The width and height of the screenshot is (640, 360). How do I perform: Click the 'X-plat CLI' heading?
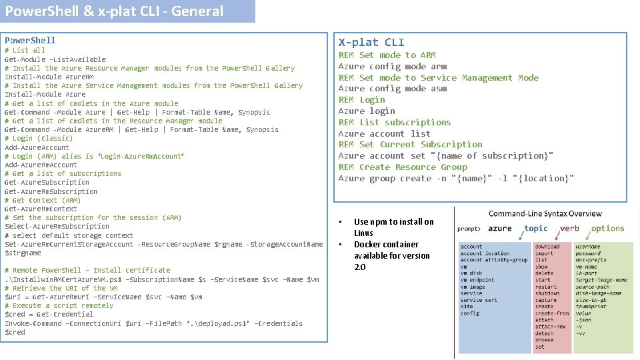pos(371,42)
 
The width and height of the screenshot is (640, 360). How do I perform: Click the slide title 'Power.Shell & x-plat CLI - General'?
pos(114,11)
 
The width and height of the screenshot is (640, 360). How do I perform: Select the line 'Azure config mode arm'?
pos(393,66)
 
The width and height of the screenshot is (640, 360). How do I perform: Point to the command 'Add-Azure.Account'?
pos(37,147)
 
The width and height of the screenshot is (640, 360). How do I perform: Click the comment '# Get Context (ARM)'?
pos(43,200)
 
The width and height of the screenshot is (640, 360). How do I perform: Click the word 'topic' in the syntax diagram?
pos(536,228)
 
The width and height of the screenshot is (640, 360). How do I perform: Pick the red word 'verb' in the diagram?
pos(569,228)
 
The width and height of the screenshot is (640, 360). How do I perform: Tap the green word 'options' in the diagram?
pos(607,228)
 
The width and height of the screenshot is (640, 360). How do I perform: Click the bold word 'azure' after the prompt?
pos(500,228)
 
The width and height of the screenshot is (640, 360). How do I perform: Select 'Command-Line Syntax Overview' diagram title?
pos(545,214)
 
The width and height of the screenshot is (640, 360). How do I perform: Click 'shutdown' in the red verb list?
pos(547,293)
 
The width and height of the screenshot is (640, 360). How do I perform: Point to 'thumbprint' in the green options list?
pos(592,307)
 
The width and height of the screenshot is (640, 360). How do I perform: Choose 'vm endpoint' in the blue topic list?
pos(477,280)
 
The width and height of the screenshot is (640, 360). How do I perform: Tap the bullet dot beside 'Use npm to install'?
pos(340,221)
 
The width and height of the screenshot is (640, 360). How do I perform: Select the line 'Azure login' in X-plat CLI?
pos(367,111)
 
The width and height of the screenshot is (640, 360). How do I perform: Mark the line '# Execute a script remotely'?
pos(50,305)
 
